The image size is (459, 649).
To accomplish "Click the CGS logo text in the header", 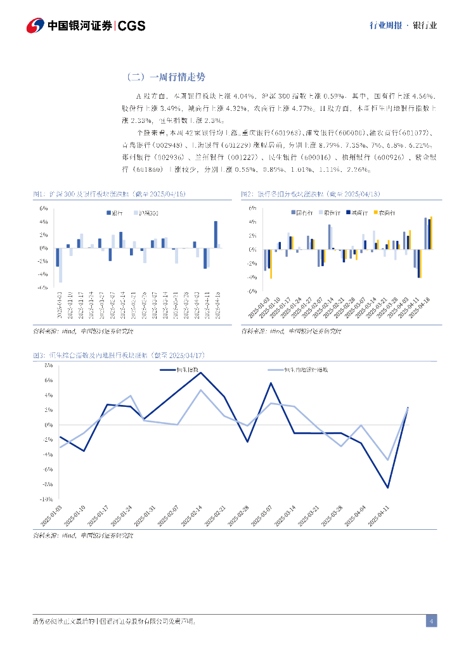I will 132,25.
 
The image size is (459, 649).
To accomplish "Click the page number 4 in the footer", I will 431,621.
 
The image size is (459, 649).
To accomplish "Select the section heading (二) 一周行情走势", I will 166,77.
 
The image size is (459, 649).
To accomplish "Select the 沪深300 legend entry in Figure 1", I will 148,214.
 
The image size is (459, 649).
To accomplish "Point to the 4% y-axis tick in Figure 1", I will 44,221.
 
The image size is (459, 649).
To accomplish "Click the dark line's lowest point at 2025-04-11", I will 388,487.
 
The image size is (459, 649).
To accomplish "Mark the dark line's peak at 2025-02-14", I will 200,373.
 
